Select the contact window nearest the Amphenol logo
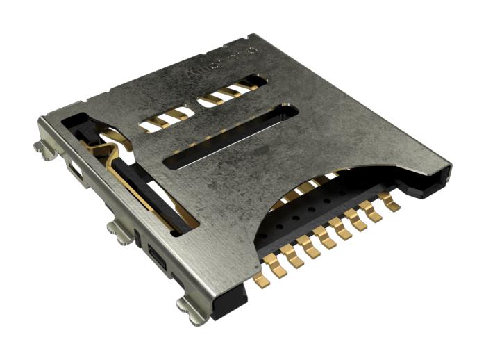tap(226, 95)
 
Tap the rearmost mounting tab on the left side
tap(42, 147)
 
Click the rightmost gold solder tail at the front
tap(393, 205)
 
